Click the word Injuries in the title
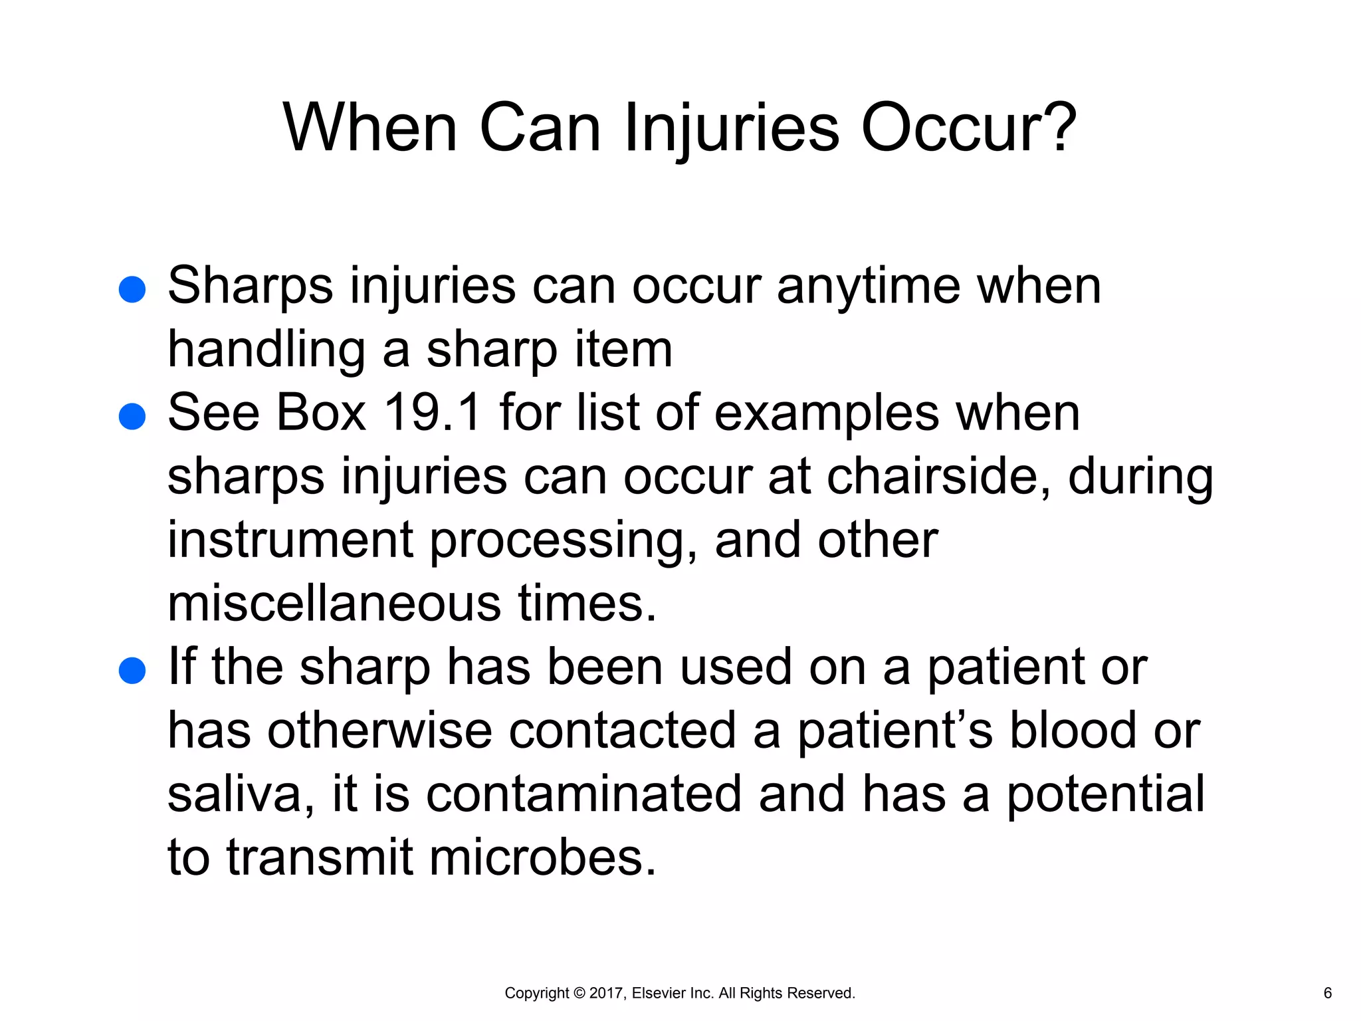[x=732, y=128]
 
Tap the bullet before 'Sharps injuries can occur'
[x=132, y=290]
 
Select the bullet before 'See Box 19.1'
[x=132, y=417]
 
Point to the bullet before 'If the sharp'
[x=132, y=671]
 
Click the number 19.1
[x=433, y=413]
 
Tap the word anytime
[x=869, y=287]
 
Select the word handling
[x=266, y=350]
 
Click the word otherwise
[x=379, y=731]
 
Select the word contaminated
[x=583, y=794]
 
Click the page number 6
[x=1327, y=993]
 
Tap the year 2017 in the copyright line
[x=605, y=993]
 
